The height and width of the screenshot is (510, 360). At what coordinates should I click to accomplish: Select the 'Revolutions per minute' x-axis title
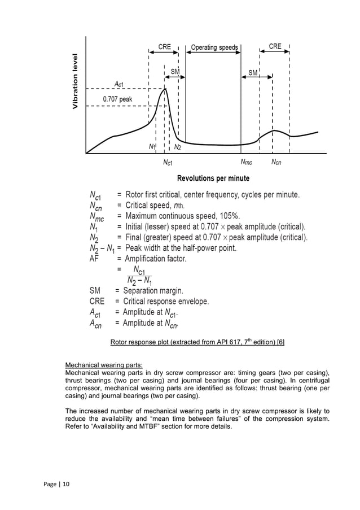click(x=213, y=178)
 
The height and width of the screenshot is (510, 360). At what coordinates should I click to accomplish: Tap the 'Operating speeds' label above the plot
click(x=214, y=47)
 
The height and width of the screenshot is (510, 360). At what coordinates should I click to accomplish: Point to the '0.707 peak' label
click(x=117, y=99)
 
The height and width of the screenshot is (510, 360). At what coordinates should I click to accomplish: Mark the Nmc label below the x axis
click(x=246, y=163)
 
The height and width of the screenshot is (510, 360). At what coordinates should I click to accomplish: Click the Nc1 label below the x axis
click(x=168, y=163)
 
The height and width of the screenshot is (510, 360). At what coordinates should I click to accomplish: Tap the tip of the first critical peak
click(x=165, y=89)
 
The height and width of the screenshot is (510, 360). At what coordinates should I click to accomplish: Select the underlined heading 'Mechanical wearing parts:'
click(x=104, y=364)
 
